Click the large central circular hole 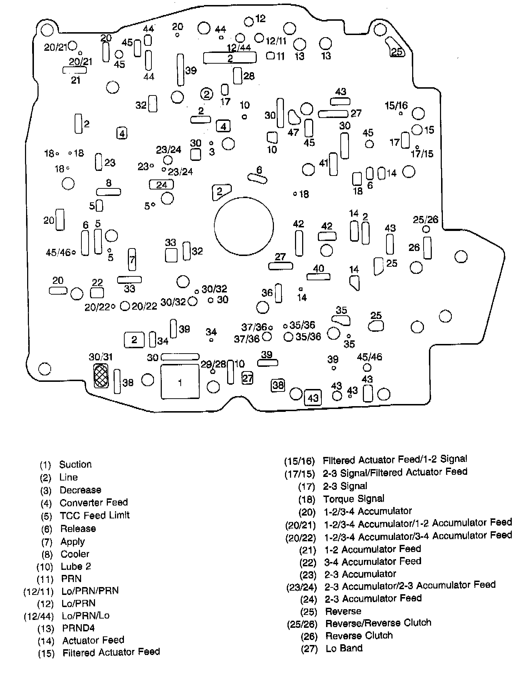click(x=244, y=226)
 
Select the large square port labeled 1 click(x=180, y=381)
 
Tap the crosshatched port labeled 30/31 click(x=101, y=376)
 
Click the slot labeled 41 click(x=333, y=164)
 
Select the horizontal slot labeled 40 click(x=318, y=277)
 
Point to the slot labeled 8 click(x=109, y=192)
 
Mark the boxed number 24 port click(x=161, y=184)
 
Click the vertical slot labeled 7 click(x=132, y=260)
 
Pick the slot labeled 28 click(x=237, y=76)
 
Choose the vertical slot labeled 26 click(x=427, y=248)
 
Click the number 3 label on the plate click(x=212, y=152)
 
